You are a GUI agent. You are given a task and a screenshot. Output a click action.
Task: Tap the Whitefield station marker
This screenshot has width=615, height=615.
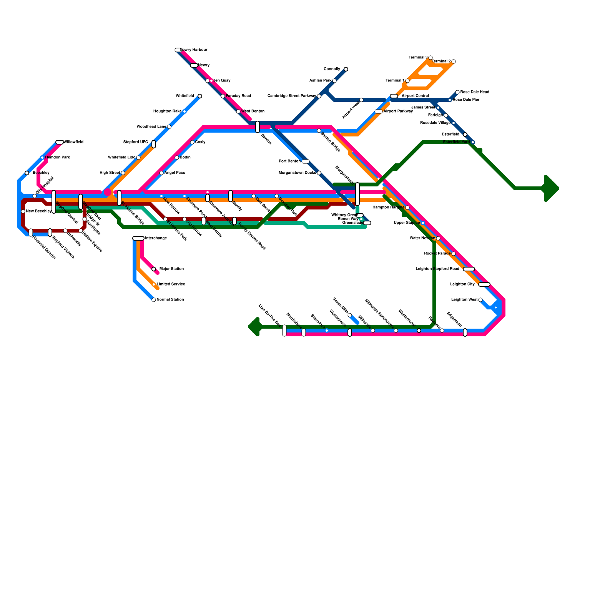coord(200,96)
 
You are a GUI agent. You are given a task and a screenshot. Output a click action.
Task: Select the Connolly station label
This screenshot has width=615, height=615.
coord(332,69)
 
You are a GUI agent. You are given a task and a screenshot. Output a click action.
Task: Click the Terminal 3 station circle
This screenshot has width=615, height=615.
coord(430,58)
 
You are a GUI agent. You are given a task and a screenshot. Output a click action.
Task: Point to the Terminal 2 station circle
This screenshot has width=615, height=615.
coord(454,61)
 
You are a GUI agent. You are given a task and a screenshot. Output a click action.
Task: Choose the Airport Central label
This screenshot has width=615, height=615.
coord(415,96)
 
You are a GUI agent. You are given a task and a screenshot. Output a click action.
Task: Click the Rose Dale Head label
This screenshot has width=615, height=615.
coord(475,92)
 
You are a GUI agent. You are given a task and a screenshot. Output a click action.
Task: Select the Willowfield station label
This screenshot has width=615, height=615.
coord(73,142)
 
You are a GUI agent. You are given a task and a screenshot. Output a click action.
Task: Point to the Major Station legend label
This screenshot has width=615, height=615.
coord(171,269)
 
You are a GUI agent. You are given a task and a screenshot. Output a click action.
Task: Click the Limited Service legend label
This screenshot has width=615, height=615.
coord(171,284)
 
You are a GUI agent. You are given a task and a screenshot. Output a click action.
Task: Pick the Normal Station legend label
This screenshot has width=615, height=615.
coord(170,300)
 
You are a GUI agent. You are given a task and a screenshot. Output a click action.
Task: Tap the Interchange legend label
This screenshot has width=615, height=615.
coord(156,238)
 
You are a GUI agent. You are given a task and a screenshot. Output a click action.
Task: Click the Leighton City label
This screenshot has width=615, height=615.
coord(462,284)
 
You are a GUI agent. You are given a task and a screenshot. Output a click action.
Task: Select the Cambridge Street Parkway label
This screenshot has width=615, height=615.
coord(292,96)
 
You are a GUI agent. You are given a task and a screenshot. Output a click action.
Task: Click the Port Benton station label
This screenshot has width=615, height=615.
coord(290,161)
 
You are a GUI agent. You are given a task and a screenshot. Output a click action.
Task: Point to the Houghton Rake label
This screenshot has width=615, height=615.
coord(167,111)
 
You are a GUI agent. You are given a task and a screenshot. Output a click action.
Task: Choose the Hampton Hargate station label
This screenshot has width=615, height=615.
coord(388,208)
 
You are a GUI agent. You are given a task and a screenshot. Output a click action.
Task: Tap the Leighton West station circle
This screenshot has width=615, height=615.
coord(480,300)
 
